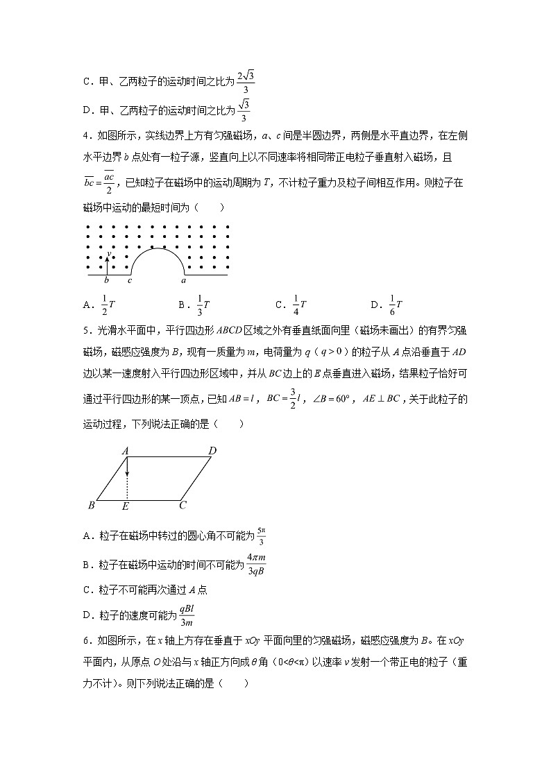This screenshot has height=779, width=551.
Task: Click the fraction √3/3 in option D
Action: pos(243,110)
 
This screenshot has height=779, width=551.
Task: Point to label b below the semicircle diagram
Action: pos(106,282)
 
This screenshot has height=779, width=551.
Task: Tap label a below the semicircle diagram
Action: pos(183,282)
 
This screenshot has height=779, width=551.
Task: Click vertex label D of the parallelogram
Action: pos(212,451)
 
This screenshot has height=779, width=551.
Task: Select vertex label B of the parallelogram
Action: pos(91,505)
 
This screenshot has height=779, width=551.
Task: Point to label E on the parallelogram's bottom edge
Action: pos(126,506)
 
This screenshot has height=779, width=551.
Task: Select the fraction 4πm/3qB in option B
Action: pos(256,564)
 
